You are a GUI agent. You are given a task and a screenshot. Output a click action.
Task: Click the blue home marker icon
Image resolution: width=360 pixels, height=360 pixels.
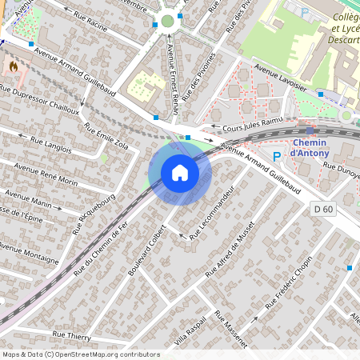pos(180,172)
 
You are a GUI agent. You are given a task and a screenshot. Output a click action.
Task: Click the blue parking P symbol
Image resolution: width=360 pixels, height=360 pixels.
pos(277,157)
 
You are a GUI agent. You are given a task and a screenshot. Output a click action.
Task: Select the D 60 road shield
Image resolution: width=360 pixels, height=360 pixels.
pos(321,207)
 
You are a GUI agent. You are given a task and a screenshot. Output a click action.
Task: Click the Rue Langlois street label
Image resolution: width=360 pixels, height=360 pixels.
pos(50,143)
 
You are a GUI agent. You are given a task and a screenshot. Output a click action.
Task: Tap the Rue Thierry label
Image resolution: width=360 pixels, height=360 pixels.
pos(71,335)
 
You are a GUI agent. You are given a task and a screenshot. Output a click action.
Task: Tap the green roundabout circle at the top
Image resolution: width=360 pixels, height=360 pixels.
pos(167,22)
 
